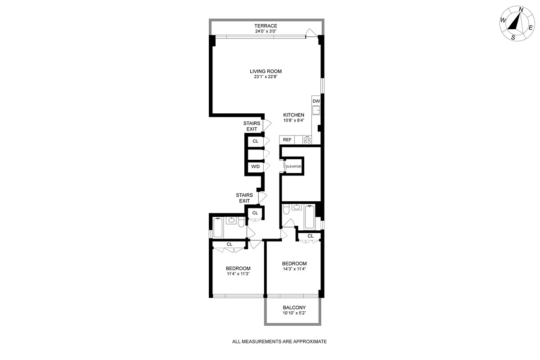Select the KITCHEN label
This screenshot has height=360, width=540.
click(x=293, y=115)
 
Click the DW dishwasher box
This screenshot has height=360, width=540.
click(x=316, y=101)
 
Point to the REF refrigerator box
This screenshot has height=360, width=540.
click(x=287, y=140)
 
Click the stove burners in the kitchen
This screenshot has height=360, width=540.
click(x=307, y=140)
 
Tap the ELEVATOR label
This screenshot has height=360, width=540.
click(x=294, y=166)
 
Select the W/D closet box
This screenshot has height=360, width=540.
click(x=255, y=167)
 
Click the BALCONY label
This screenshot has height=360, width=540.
click(x=294, y=308)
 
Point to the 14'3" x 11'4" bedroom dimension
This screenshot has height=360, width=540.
click(x=294, y=269)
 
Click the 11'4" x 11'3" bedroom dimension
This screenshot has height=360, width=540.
click(x=238, y=274)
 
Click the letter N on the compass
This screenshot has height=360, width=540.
click(x=521, y=9)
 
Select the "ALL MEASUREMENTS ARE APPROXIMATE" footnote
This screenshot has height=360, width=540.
click(x=279, y=342)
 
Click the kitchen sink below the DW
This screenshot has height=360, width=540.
click(x=316, y=110)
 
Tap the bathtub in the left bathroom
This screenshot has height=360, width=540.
click(x=217, y=228)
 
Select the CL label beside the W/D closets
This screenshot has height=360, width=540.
click(x=255, y=141)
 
